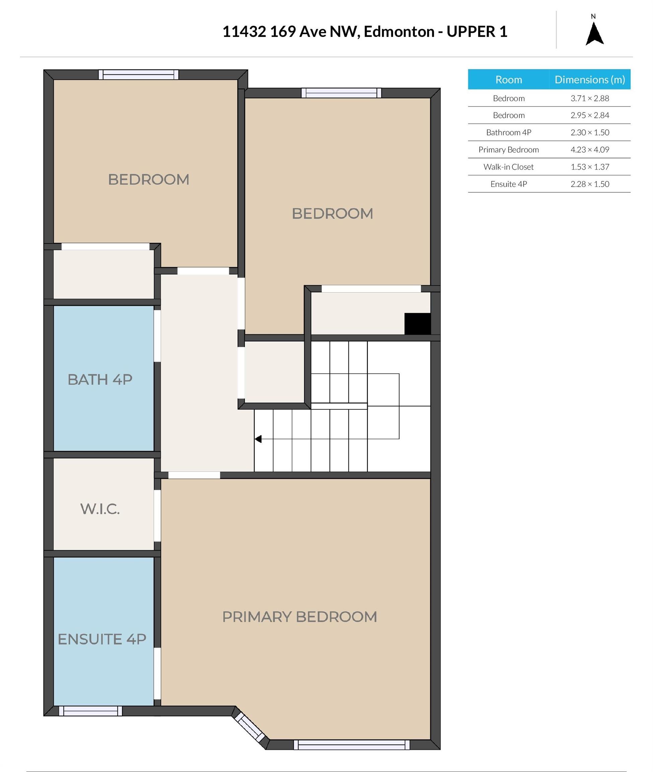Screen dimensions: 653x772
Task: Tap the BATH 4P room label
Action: point(100,380)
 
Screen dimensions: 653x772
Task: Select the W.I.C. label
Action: point(100,509)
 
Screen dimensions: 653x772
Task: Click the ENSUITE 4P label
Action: point(102,639)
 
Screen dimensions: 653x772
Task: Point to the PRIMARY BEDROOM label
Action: point(300,617)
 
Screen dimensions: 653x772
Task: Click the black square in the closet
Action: point(417,324)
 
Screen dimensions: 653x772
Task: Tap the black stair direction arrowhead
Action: point(258,439)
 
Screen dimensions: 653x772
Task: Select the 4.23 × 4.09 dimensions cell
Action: point(590,149)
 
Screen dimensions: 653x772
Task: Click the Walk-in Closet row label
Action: point(508,167)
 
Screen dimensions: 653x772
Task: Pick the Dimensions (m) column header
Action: point(590,80)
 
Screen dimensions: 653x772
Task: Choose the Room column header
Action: point(509,80)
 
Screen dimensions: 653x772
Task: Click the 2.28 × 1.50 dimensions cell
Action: point(590,184)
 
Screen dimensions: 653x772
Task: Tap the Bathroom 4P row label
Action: point(509,133)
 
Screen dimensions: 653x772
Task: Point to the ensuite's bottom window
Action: point(90,711)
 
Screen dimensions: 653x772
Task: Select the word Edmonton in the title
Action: point(399,32)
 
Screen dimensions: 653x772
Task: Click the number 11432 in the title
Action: point(244,32)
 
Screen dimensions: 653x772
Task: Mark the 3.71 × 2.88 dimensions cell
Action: point(590,98)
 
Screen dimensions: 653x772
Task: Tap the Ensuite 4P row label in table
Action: point(509,184)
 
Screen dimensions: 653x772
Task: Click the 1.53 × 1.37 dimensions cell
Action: point(590,167)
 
